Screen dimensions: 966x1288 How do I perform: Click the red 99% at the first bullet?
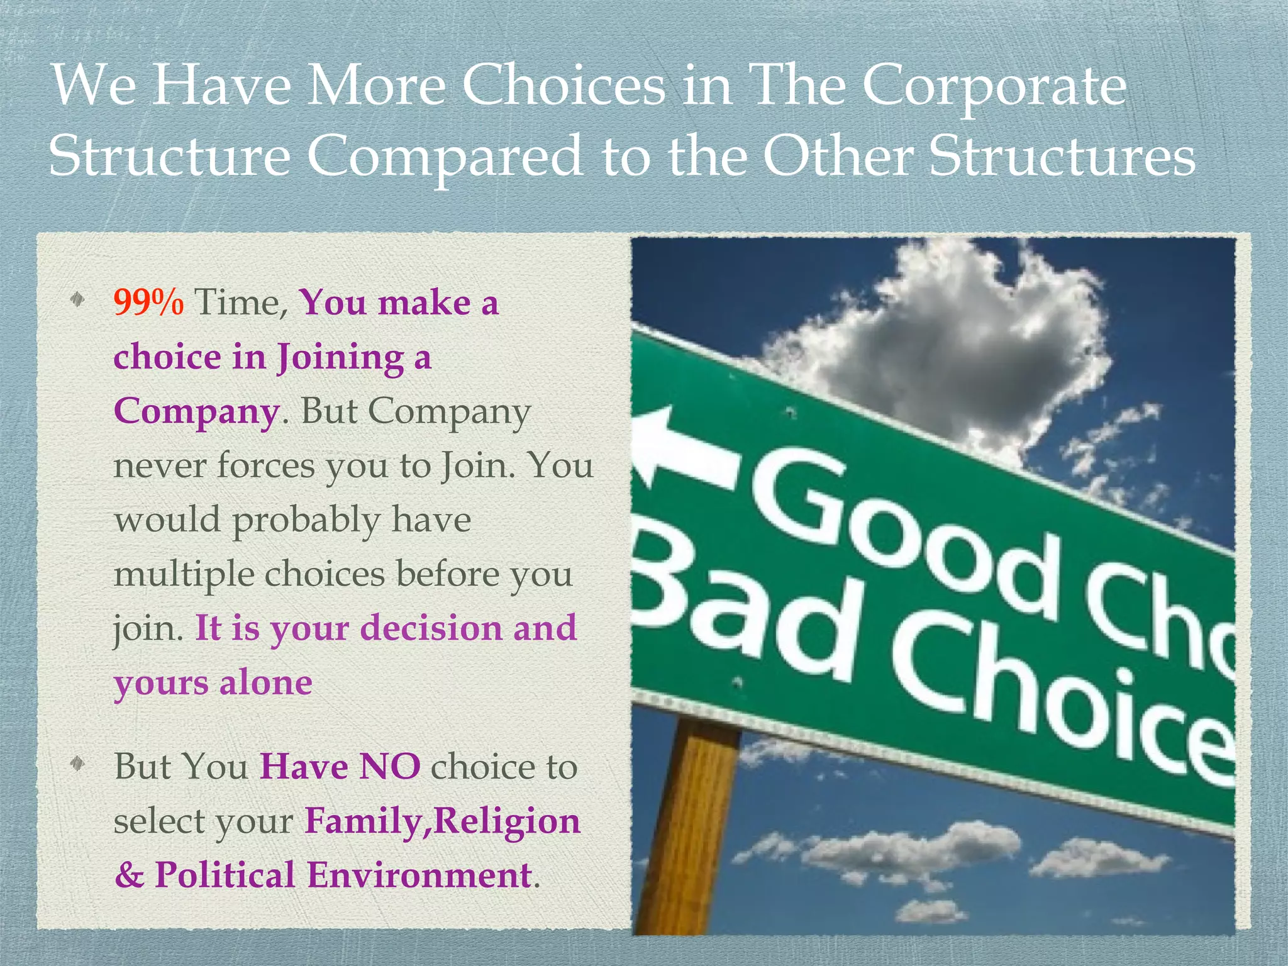pos(148,303)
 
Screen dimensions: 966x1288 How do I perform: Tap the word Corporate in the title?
pos(994,87)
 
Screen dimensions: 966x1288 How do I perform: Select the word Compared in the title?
pos(444,157)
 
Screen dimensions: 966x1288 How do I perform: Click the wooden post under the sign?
pos(689,830)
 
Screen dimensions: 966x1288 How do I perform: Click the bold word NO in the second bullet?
pos(389,767)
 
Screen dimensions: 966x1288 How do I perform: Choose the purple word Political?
pos(225,875)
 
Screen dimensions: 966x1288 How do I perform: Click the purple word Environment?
pos(419,875)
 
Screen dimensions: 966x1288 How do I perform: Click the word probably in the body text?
pos(306,521)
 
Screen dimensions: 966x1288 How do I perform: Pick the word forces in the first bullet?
pos(266,467)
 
